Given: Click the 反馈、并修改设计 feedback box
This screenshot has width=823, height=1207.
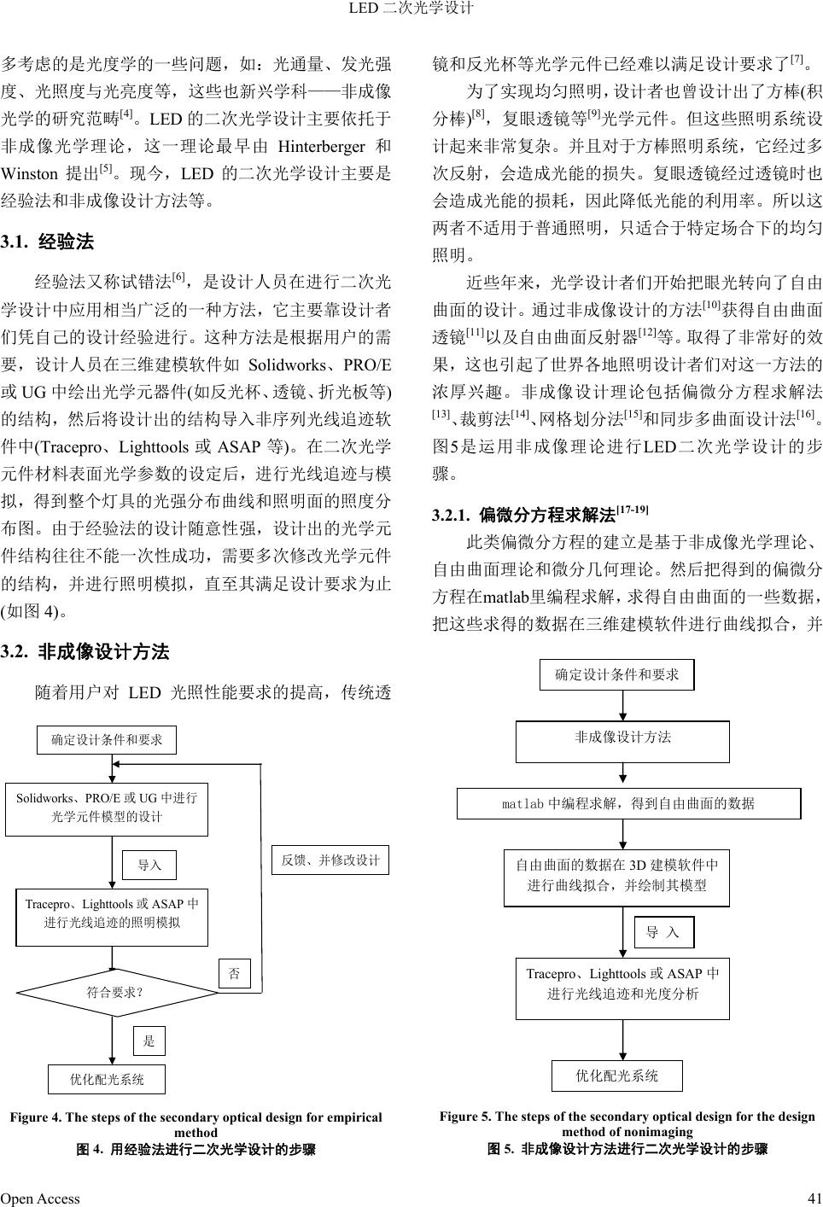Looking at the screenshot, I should (330, 860).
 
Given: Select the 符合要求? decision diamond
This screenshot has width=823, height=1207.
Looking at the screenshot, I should (113, 993).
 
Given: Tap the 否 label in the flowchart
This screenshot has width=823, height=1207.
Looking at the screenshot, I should (235, 974).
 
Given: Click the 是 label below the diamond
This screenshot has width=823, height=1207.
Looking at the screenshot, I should (149, 1041).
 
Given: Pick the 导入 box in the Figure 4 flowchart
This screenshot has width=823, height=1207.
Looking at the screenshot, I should (149, 865).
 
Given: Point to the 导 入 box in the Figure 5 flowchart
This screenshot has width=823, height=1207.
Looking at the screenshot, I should (663, 932).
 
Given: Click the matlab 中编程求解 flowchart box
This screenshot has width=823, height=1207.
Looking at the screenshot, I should (628, 803).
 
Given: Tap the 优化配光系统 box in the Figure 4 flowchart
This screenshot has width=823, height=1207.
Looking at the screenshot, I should (107, 1079).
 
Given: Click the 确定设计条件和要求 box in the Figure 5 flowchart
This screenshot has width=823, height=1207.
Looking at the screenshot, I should (617, 674).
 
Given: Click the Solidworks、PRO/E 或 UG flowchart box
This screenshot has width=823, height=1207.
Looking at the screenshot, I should (107, 807).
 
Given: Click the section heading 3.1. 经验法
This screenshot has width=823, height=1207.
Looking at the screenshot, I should (48, 242).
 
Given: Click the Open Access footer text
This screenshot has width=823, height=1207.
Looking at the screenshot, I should (40, 1198).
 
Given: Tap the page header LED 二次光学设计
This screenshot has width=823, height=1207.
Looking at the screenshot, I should (411, 9).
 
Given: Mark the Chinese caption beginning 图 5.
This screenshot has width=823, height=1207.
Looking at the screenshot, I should (627, 1148).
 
